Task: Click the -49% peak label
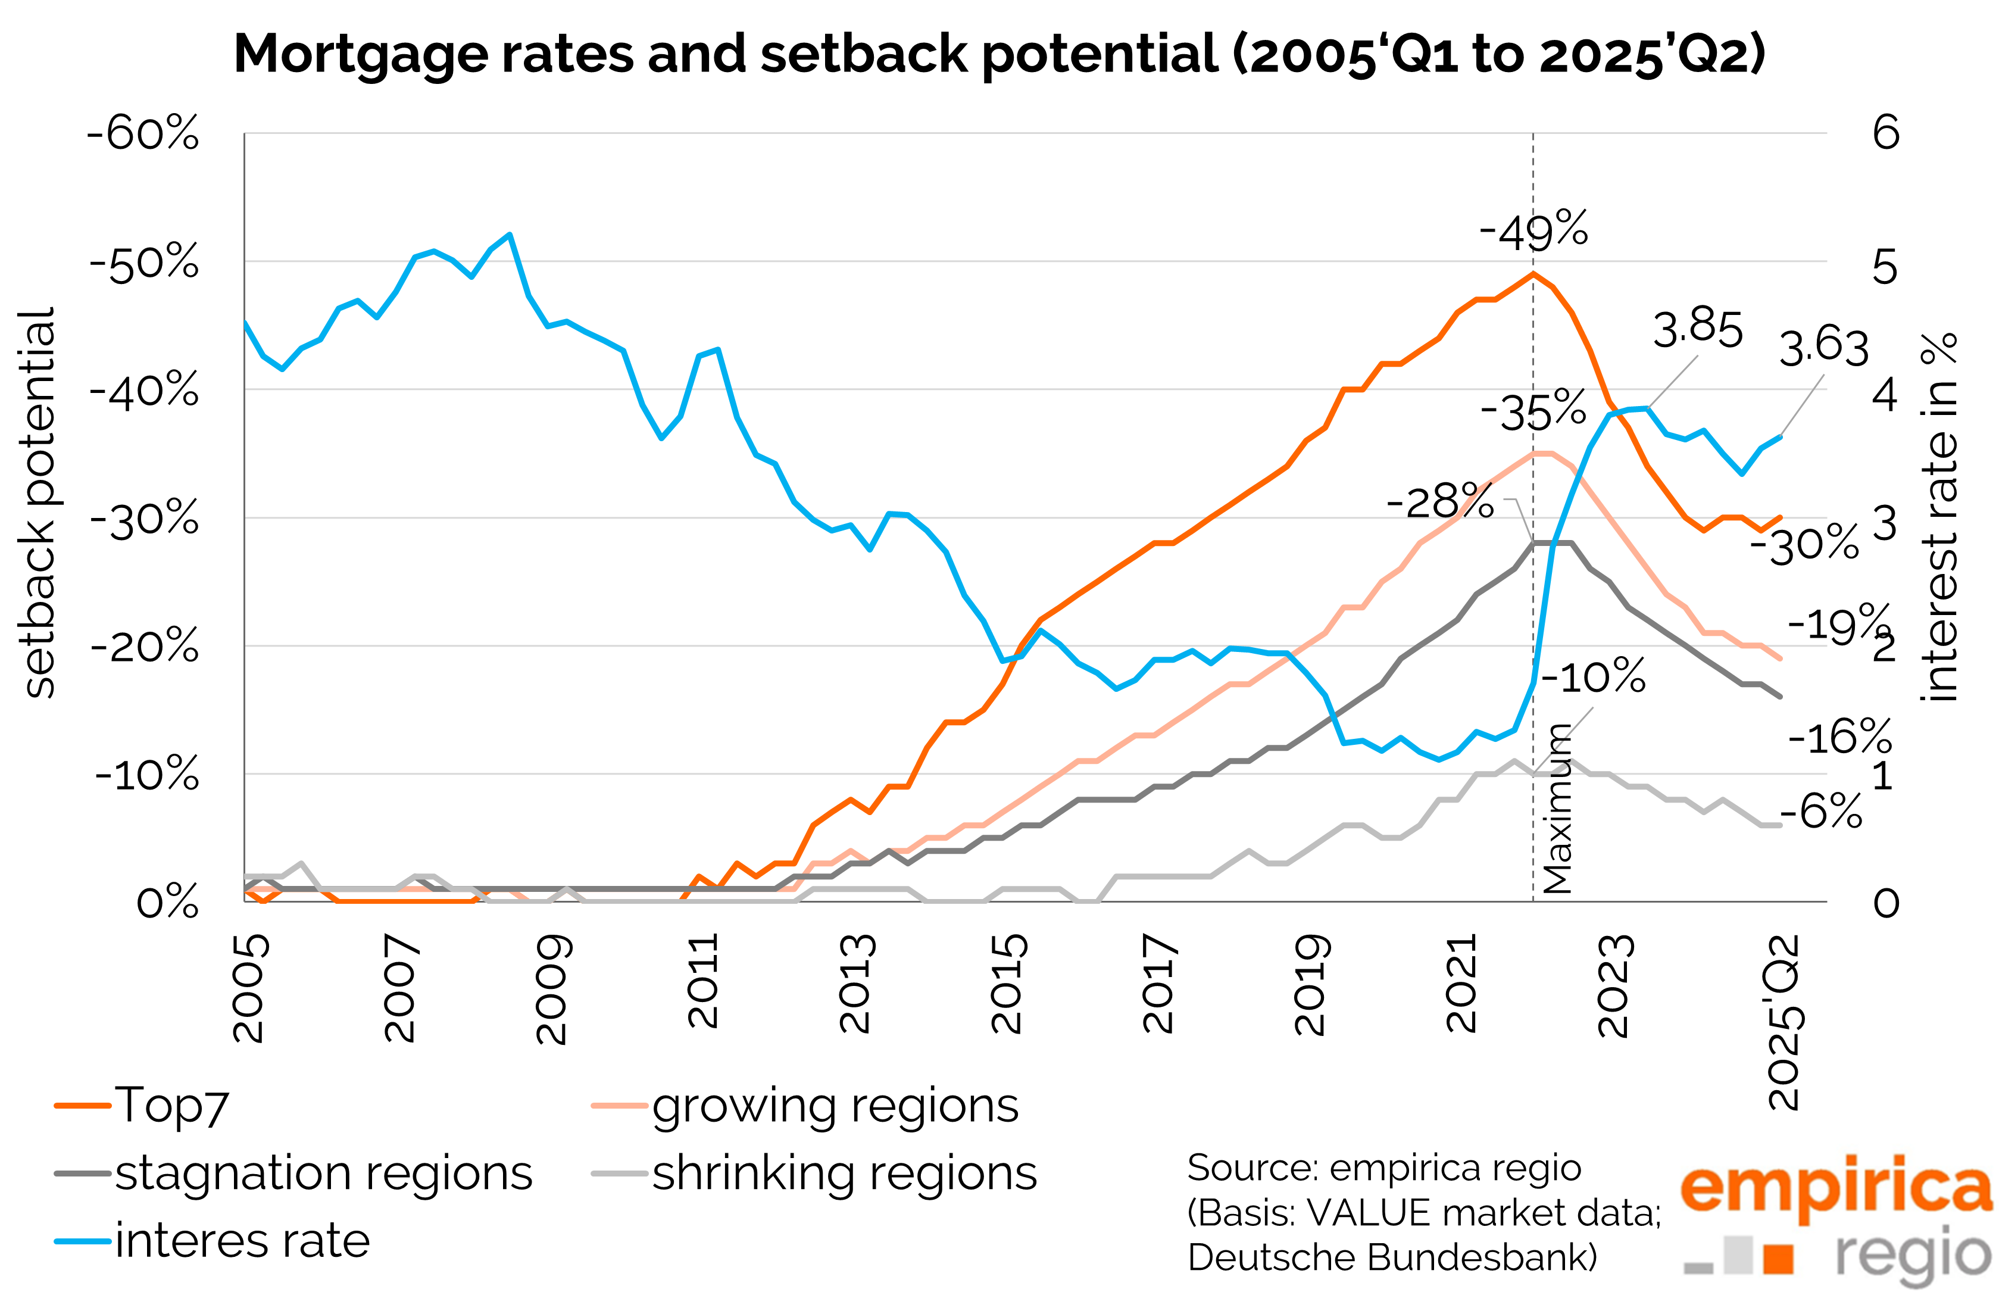click(x=1533, y=231)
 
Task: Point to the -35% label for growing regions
click(x=1533, y=411)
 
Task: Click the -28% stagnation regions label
click(x=1439, y=502)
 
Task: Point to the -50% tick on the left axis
click(x=144, y=262)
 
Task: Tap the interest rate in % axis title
click(x=1939, y=516)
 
